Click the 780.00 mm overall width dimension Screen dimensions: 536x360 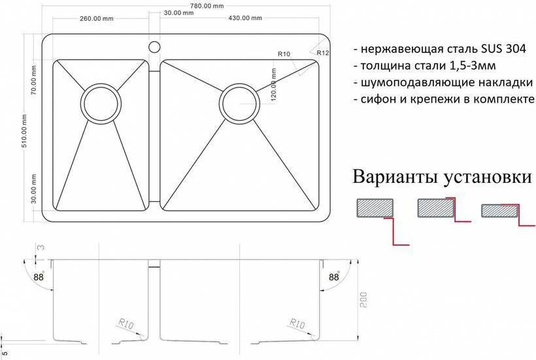pos(207,6)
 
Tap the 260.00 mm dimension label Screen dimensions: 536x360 pos(96,18)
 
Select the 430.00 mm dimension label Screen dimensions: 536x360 pos(245,18)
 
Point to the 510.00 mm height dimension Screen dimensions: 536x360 pos(24,131)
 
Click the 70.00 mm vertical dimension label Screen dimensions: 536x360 pos(33,81)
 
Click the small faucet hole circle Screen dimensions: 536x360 pos(154,46)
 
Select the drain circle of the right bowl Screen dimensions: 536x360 pos(239,103)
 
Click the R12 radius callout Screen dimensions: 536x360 pos(323,53)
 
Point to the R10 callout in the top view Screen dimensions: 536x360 pos(284,54)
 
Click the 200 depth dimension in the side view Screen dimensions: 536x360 pos(363,299)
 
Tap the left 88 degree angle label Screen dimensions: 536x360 pos(39,276)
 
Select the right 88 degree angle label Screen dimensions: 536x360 pos(334,276)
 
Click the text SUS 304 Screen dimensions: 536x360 pos(503,49)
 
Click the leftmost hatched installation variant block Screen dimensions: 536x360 pos(375,208)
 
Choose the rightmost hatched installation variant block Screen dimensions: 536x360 pos(499,211)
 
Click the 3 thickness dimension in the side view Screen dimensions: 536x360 pos(41,247)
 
